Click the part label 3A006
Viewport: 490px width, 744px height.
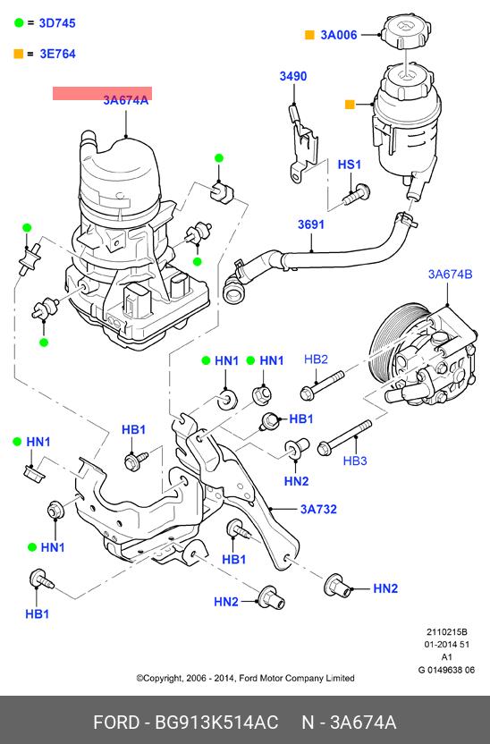coord(339,35)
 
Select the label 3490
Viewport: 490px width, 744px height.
coord(293,76)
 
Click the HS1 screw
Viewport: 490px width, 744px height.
coord(357,194)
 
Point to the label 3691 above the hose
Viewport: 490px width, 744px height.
coord(311,224)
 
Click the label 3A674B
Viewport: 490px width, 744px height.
coord(450,275)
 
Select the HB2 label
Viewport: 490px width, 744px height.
coord(316,359)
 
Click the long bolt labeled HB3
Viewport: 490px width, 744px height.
coord(345,437)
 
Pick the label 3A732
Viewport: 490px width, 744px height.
coord(318,509)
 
